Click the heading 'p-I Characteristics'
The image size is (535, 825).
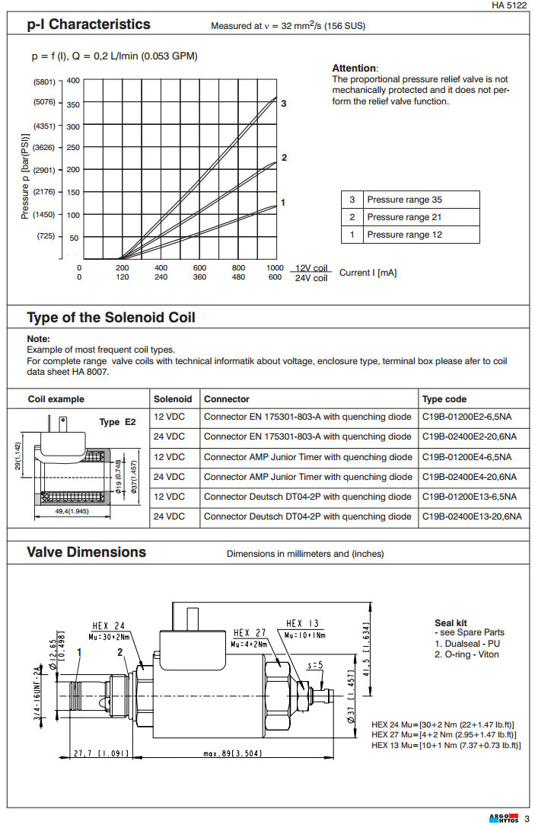click(88, 24)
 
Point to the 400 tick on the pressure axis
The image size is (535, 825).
click(73, 80)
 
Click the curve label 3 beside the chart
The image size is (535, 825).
click(284, 103)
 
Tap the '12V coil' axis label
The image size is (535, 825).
click(311, 268)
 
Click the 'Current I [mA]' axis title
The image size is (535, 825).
click(368, 273)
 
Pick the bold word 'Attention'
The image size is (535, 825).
click(354, 69)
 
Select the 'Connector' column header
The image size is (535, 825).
click(226, 399)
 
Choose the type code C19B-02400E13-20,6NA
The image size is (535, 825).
click(472, 516)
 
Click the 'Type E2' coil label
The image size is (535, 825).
click(117, 421)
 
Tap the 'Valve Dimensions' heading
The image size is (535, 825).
click(86, 552)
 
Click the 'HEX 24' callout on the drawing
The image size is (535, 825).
click(108, 625)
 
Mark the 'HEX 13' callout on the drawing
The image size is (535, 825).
click(304, 622)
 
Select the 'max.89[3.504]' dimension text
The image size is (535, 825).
click(232, 755)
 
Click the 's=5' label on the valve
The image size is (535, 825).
click(315, 665)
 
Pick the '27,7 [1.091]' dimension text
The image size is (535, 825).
click(100, 755)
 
